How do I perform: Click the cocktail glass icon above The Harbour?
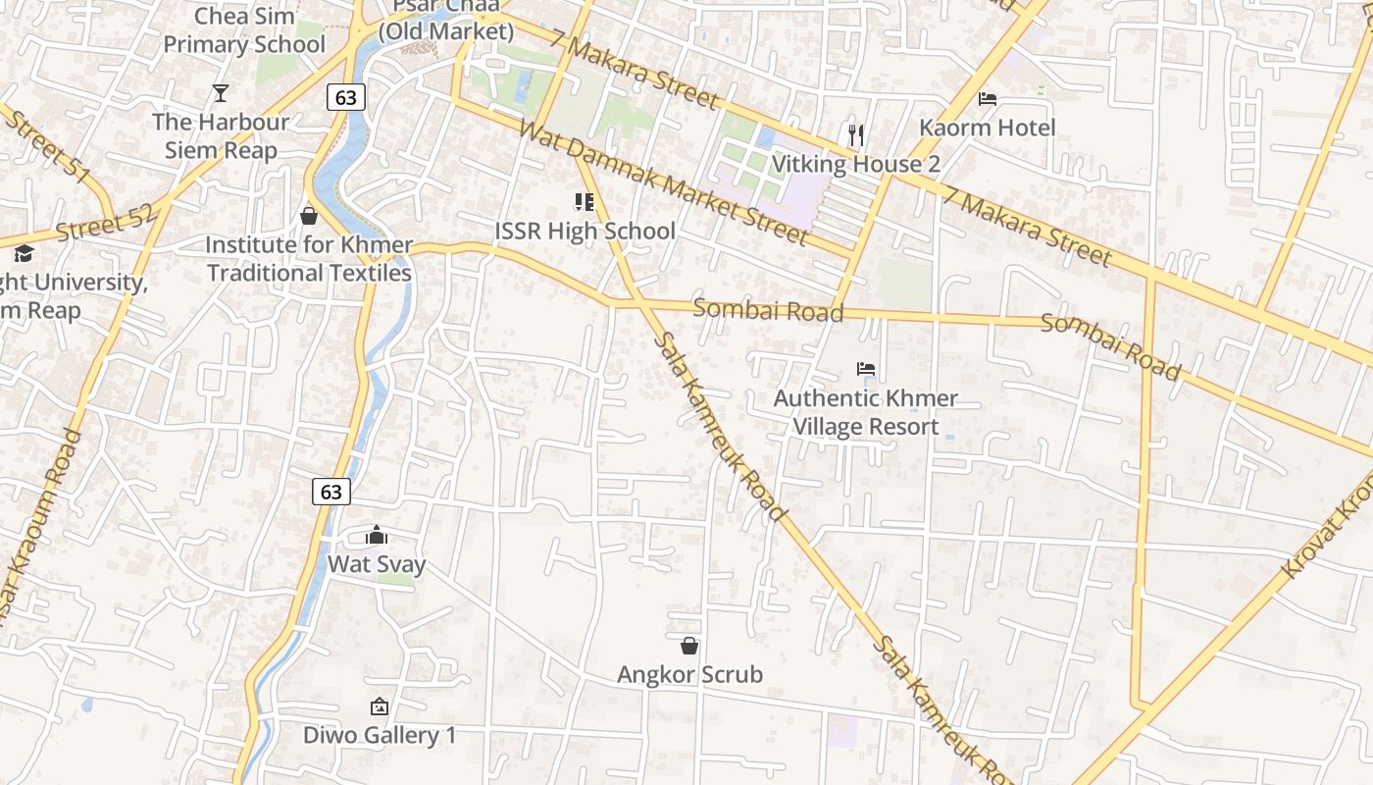pyautogui.click(x=221, y=93)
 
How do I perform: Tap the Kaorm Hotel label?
pyautogui.click(x=987, y=128)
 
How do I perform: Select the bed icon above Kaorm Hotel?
pyautogui.click(x=988, y=99)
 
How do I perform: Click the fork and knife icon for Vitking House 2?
pyautogui.click(x=856, y=134)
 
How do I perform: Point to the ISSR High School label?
pyautogui.click(x=585, y=232)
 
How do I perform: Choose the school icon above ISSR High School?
pyautogui.click(x=585, y=203)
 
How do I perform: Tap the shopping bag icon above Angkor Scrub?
pyautogui.click(x=689, y=646)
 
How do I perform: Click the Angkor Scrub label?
pyautogui.click(x=689, y=675)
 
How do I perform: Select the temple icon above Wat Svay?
pyautogui.click(x=377, y=535)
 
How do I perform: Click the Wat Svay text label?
pyautogui.click(x=377, y=564)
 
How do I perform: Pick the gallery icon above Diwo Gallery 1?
pyautogui.click(x=380, y=706)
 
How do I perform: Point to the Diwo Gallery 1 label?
pyautogui.click(x=380, y=735)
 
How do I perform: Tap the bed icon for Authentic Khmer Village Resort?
pyautogui.click(x=866, y=369)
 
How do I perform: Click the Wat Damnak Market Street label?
pyautogui.click(x=664, y=183)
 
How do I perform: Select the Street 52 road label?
pyautogui.click(x=106, y=225)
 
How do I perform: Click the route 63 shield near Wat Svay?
pyautogui.click(x=331, y=491)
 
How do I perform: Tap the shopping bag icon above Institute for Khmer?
pyautogui.click(x=309, y=216)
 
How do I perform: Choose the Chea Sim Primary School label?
pyautogui.click(x=243, y=30)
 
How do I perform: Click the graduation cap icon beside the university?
pyautogui.click(x=23, y=253)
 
